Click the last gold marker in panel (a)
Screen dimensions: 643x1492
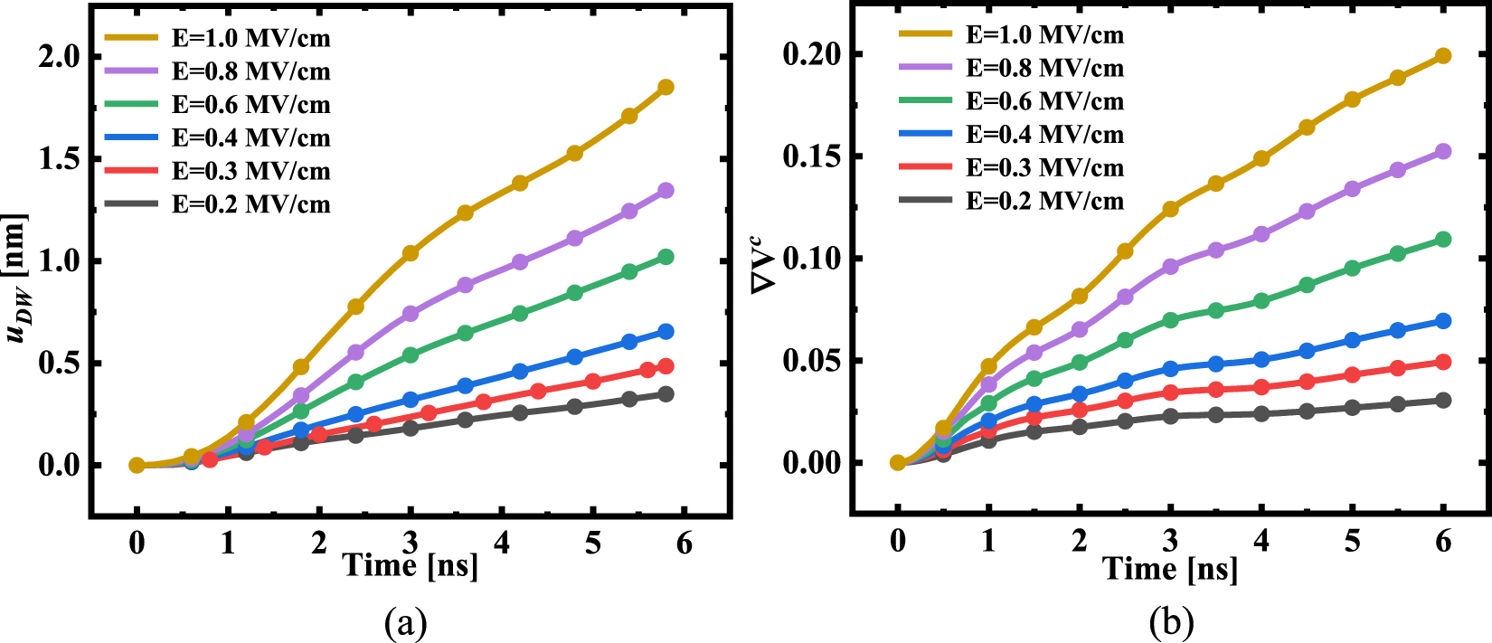[666, 87]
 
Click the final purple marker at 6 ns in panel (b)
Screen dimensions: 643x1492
[1443, 151]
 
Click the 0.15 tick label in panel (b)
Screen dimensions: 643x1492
[811, 156]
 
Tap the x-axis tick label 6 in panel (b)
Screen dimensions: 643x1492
[1443, 541]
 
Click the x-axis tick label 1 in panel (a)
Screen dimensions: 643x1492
[228, 544]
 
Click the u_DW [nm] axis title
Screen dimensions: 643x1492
[17, 279]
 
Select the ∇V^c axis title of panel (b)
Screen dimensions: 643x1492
[764, 263]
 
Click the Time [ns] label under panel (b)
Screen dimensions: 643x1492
[1169, 569]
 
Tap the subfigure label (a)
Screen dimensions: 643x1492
[405, 623]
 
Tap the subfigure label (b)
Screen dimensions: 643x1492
[1171, 623]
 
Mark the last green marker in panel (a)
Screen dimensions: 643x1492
[666, 257]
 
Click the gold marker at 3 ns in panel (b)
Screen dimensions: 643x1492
[1170, 209]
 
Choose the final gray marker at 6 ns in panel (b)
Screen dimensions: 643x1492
[1443, 400]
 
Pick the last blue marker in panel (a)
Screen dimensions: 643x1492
[666, 332]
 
